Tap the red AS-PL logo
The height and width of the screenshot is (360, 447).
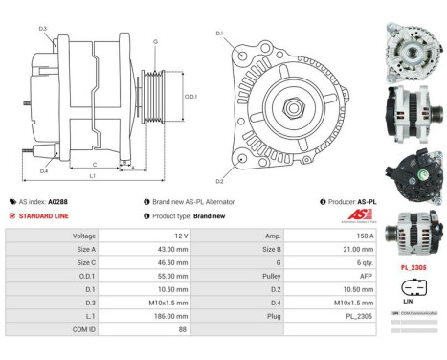[x=361, y=214]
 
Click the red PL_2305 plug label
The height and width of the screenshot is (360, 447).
[x=413, y=269]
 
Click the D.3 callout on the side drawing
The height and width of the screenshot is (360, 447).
[x=44, y=29]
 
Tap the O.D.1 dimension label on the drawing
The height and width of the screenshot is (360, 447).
[x=190, y=97]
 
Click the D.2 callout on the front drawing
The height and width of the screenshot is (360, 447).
[x=219, y=181]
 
